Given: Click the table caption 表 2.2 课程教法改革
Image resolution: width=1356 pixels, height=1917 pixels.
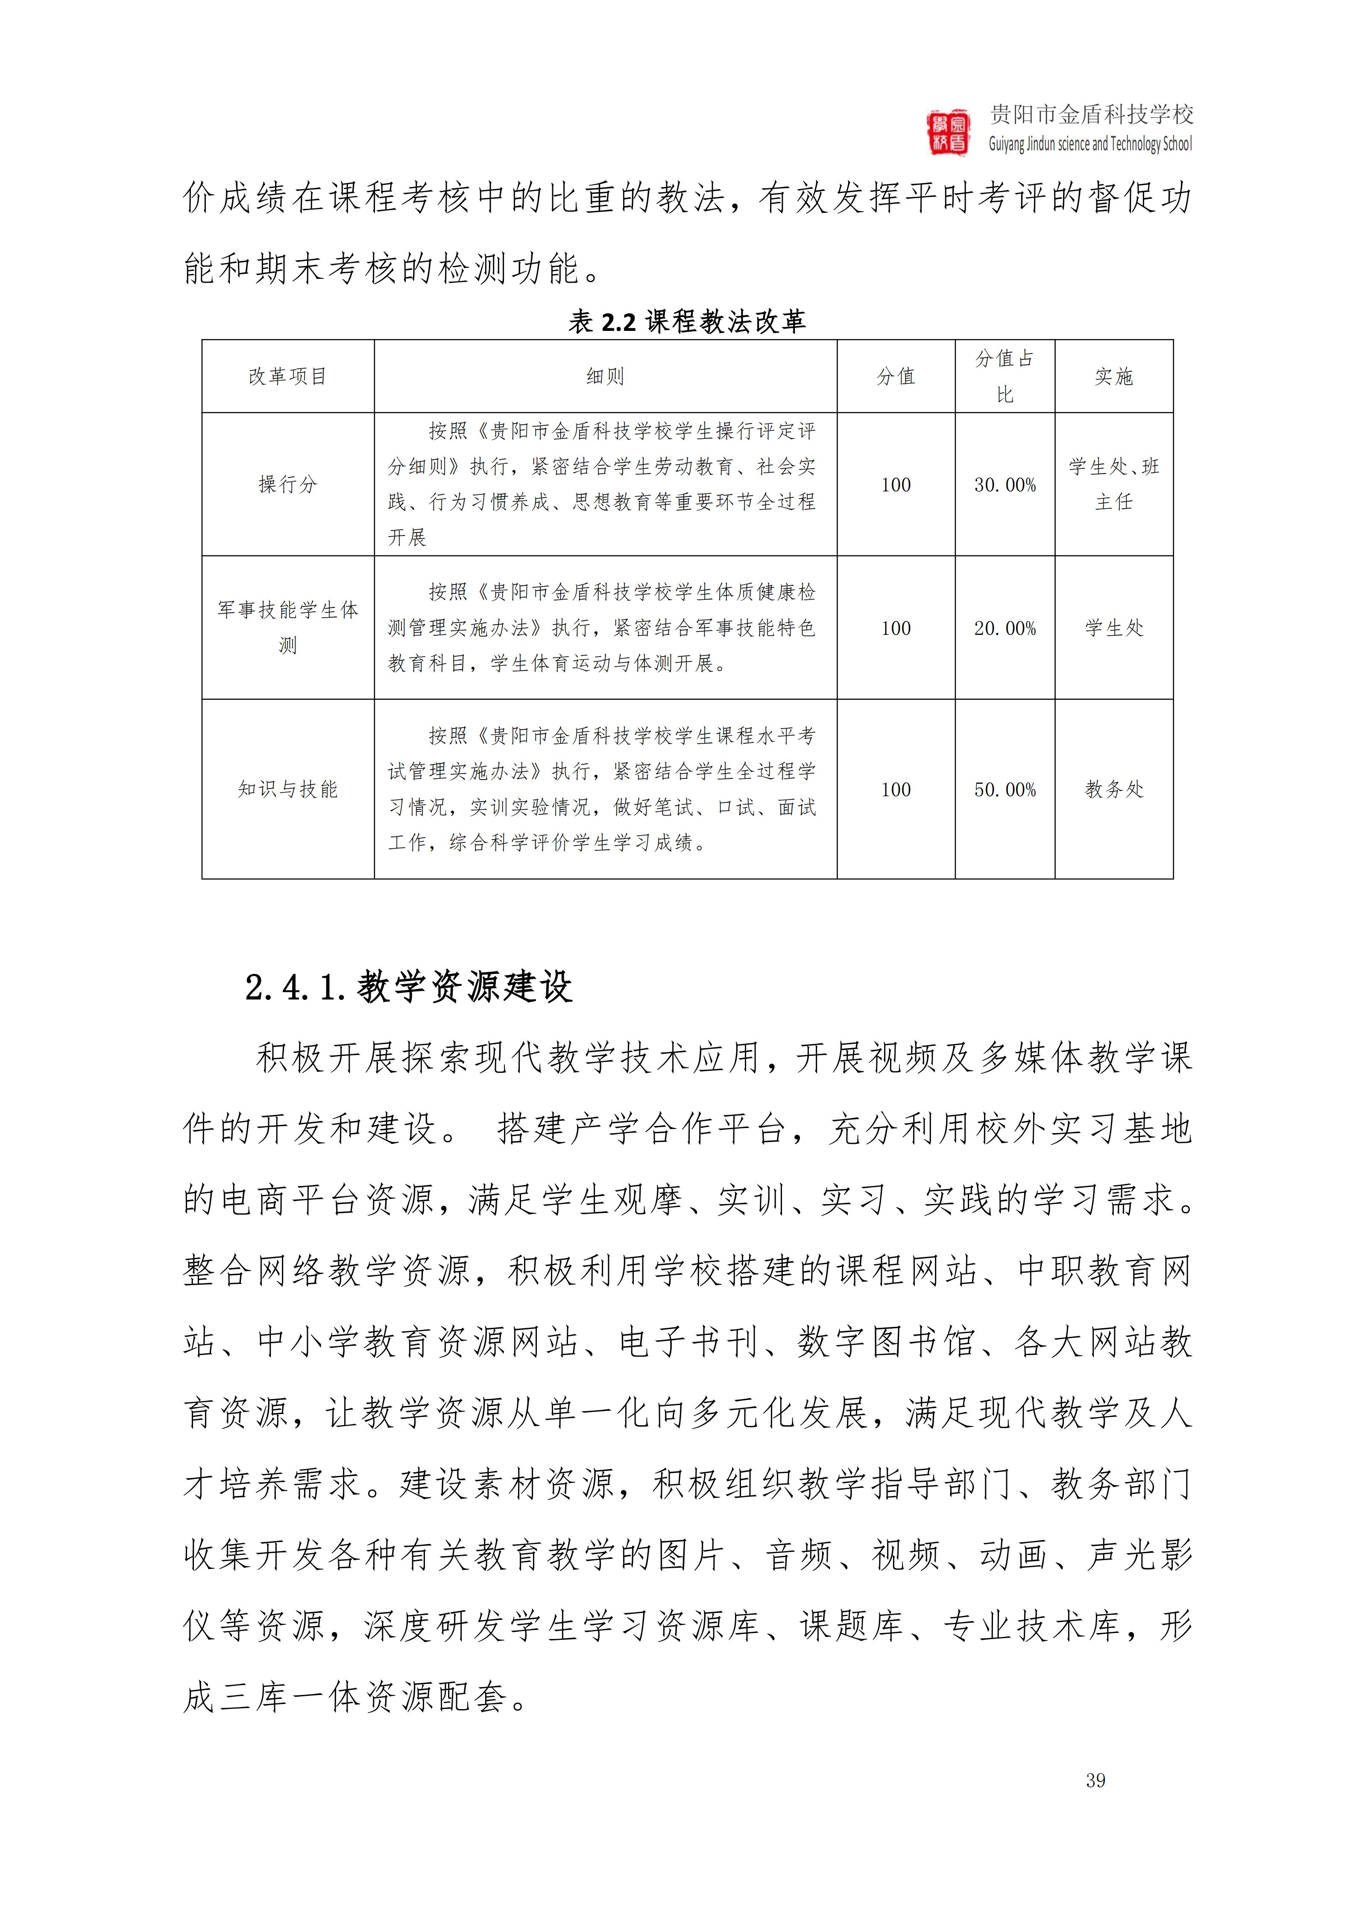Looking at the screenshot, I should point(686,321).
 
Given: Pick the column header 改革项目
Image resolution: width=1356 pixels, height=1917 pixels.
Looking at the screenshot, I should point(287,377).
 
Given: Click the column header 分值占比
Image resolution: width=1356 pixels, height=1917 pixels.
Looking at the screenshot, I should point(1005,377).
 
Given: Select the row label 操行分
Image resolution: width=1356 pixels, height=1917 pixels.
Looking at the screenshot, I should point(287,484).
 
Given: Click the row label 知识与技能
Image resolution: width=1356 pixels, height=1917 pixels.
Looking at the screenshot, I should point(287,789).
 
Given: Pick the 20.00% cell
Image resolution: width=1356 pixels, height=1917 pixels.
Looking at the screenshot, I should point(1005,628).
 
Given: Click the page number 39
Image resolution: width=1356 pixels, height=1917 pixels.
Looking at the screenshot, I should point(1095,1780).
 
